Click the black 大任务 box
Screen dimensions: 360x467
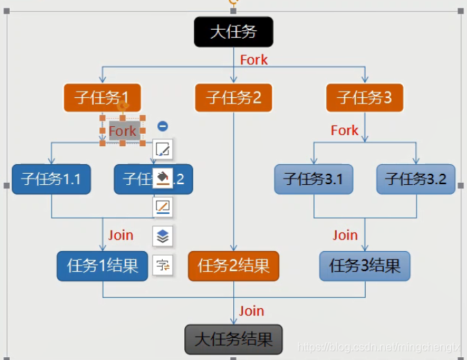click(x=233, y=32)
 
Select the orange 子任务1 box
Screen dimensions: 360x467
click(x=101, y=97)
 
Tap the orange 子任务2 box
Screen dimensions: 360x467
click(x=233, y=97)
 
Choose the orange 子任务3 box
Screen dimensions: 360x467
click(x=364, y=97)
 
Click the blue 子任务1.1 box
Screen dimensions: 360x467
click(x=51, y=179)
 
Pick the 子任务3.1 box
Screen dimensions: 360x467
click(x=314, y=179)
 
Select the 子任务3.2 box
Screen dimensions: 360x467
click(x=416, y=179)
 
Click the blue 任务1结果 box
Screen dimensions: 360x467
click(x=102, y=266)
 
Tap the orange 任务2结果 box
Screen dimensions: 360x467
click(x=233, y=266)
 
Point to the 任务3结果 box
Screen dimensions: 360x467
click(x=365, y=266)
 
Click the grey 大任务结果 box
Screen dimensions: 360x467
click(x=234, y=339)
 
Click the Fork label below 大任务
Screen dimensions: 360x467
click(x=254, y=60)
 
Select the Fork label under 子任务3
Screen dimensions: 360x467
click(x=344, y=130)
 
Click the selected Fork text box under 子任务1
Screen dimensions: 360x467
click(x=123, y=130)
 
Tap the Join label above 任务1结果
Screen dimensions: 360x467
click(x=121, y=235)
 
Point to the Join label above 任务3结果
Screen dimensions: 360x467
click(x=345, y=235)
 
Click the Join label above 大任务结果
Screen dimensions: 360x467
click(x=252, y=311)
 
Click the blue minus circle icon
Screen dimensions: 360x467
click(x=163, y=126)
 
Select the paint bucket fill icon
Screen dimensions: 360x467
click(x=163, y=178)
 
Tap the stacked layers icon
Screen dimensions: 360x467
click(x=163, y=236)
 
